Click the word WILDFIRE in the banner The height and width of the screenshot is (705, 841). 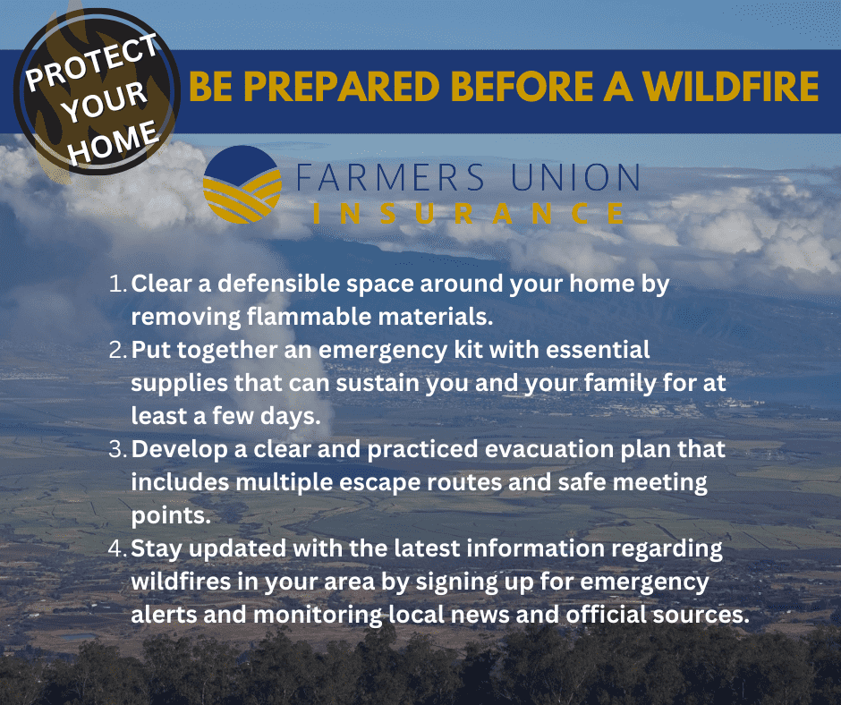tap(731, 87)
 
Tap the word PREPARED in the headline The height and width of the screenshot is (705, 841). tap(342, 87)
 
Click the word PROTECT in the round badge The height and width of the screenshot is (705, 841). tap(92, 63)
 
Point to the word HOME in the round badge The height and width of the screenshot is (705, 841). tap(113, 142)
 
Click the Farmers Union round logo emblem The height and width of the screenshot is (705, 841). tap(242, 184)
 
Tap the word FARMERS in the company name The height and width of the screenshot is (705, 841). tap(390, 177)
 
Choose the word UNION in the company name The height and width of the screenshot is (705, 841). tap(575, 177)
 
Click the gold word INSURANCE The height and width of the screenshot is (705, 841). tap(468, 213)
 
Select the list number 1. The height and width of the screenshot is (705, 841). tap(117, 284)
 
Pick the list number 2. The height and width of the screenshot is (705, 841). tap(117, 350)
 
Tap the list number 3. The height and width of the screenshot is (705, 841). tap(117, 449)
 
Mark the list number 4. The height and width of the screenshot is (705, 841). tap(117, 548)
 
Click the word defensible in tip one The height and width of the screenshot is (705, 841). tap(279, 284)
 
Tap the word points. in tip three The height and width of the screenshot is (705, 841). tap(171, 516)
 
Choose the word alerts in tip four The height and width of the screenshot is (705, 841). tap(164, 615)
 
